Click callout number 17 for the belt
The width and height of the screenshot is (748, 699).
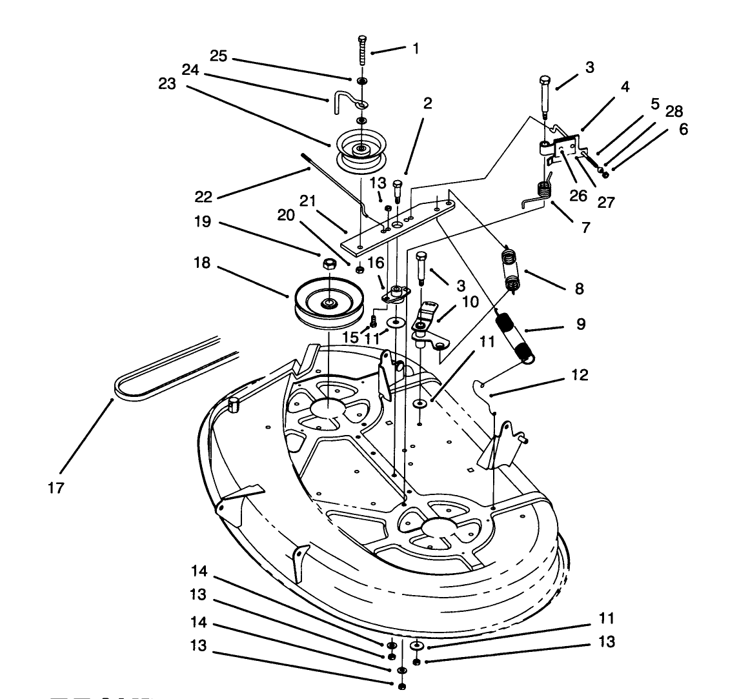click(x=56, y=488)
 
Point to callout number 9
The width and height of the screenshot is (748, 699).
click(x=581, y=324)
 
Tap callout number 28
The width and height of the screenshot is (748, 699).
click(x=674, y=111)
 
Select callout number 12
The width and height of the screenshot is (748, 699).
click(x=580, y=374)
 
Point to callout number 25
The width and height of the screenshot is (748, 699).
click(x=218, y=57)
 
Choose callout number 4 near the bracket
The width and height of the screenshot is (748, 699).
click(x=625, y=86)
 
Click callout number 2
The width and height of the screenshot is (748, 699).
click(x=428, y=103)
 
